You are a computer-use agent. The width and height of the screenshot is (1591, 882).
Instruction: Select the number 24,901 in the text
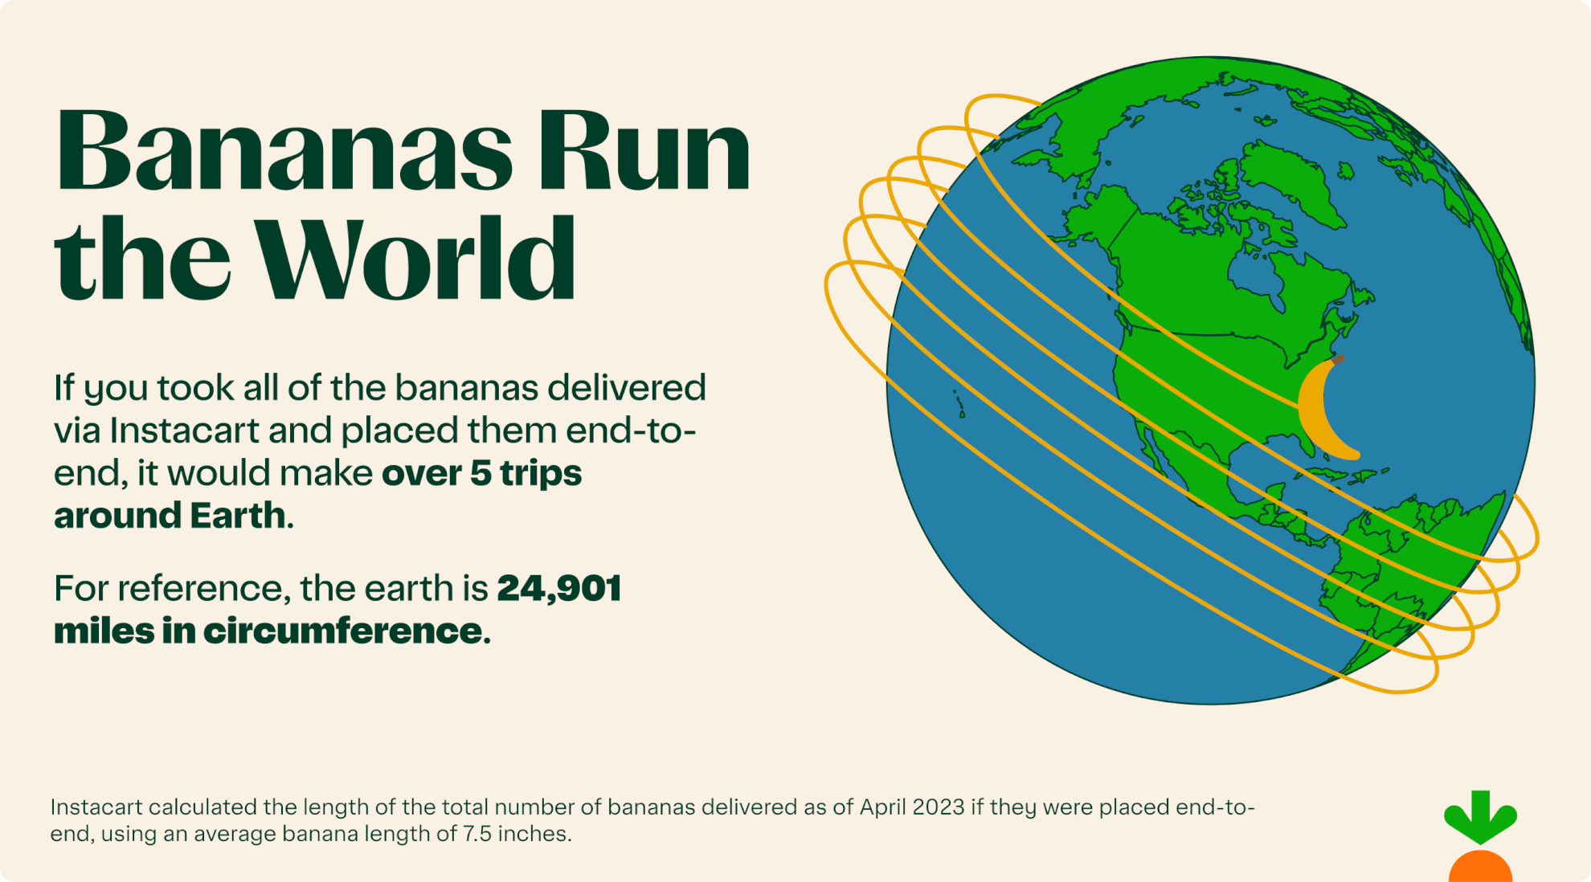tap(559, 589)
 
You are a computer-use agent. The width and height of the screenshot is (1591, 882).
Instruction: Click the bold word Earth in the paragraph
tap(238, 516)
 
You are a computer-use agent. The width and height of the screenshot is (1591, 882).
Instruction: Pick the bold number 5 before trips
tap(481, 473)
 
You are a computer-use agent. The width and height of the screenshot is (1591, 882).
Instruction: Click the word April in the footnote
tap(881, 807)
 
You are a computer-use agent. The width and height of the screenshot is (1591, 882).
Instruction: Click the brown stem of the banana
tap(1337, 360)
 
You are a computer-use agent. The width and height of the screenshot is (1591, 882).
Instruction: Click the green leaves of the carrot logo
tap(1480, 815)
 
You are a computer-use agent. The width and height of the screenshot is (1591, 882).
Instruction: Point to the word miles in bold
tap(104, 631)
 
